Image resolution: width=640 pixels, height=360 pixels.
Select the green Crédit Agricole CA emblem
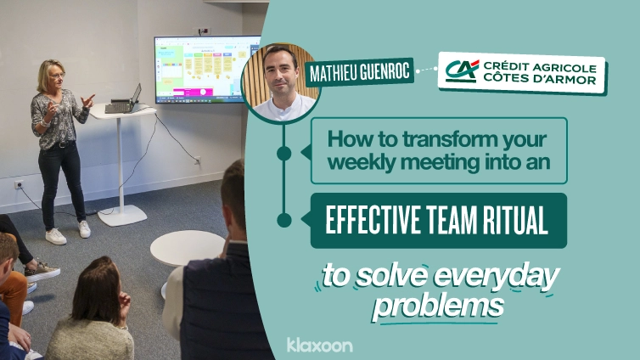pyautogui.click(x=462, y=69)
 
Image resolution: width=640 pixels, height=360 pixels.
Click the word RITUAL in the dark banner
pyautogui.click(x=504, y=220)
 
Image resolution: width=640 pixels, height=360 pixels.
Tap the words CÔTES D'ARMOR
pyautogui.click(x=539, y=80)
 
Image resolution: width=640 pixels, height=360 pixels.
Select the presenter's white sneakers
pyautogui.click(x=68, y=233)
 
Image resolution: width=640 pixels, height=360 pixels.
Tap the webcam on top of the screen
pyautogui.click(x=204, y=31)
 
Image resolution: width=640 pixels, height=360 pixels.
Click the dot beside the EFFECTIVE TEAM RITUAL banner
pyautogui.click(x=285, y=220)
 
